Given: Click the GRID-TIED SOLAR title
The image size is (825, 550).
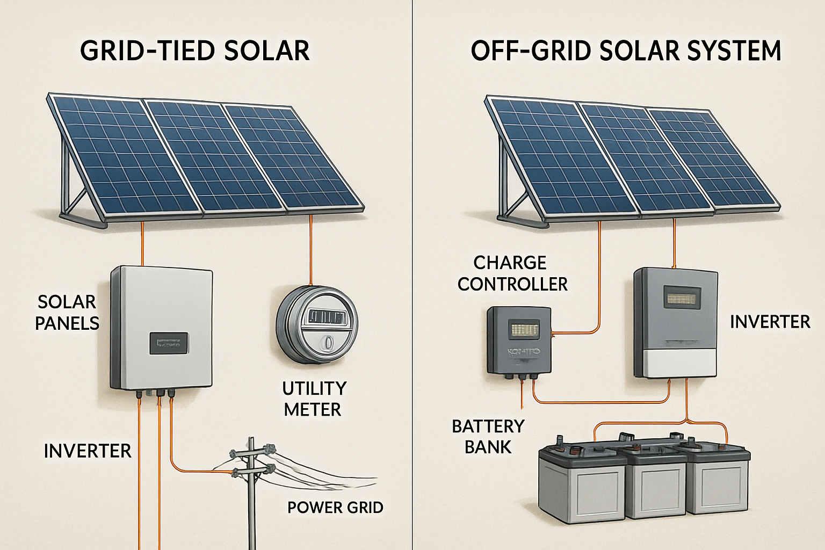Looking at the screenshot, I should (194, 51).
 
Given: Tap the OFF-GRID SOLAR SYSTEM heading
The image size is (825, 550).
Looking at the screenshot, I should (626, 51).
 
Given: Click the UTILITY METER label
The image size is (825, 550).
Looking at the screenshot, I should (314, 399).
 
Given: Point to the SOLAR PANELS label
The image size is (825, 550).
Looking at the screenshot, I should (67, 313).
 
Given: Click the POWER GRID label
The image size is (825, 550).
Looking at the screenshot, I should (335, 508).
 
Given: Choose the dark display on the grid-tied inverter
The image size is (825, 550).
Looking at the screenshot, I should (169, 343).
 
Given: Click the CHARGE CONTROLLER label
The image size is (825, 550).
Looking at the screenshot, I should (512, 273).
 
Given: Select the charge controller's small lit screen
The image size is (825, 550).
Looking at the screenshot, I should (523, 329).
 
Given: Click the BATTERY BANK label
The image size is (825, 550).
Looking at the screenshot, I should (488, 437).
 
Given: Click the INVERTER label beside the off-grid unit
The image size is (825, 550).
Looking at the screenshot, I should (770, 322).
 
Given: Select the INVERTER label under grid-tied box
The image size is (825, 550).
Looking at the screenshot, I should (88, 451).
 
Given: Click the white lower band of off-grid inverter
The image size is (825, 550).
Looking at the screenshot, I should (676, 364).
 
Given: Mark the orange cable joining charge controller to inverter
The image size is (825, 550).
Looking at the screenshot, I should (602, 402).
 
